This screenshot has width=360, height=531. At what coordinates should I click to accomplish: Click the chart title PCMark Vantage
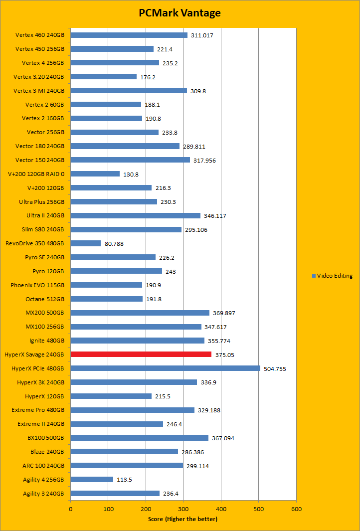180,13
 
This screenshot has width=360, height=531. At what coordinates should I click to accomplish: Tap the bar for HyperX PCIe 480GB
165,368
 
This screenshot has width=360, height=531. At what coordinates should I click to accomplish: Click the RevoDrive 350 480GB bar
86,243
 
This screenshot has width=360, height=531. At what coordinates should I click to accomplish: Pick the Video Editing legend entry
332,276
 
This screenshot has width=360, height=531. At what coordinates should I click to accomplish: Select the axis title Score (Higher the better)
183,519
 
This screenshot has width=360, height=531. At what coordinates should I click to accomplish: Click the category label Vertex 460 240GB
39,35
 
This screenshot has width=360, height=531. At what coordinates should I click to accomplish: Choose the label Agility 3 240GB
43,494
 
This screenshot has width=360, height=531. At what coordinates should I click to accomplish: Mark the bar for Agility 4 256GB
92,480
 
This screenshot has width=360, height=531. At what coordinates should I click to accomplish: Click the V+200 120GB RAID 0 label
36,174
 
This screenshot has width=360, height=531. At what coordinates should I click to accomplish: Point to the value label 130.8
132,174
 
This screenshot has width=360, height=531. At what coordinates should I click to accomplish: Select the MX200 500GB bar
140,313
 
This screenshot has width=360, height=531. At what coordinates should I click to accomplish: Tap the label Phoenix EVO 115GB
37,285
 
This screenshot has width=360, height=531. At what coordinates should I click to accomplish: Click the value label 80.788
114,243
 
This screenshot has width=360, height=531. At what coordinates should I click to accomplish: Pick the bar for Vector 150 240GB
130,160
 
